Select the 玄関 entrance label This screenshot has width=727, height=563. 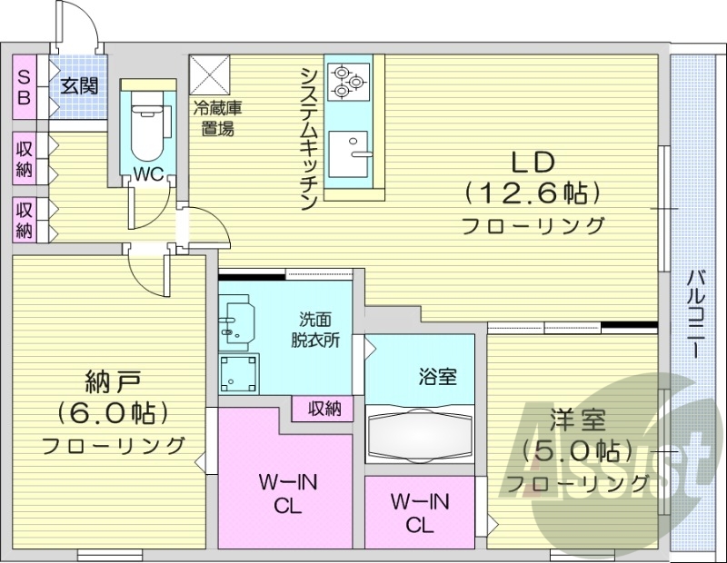78,86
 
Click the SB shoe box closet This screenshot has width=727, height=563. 24,86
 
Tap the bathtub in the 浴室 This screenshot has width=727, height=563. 420,433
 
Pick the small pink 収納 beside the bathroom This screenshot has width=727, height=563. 322,409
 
